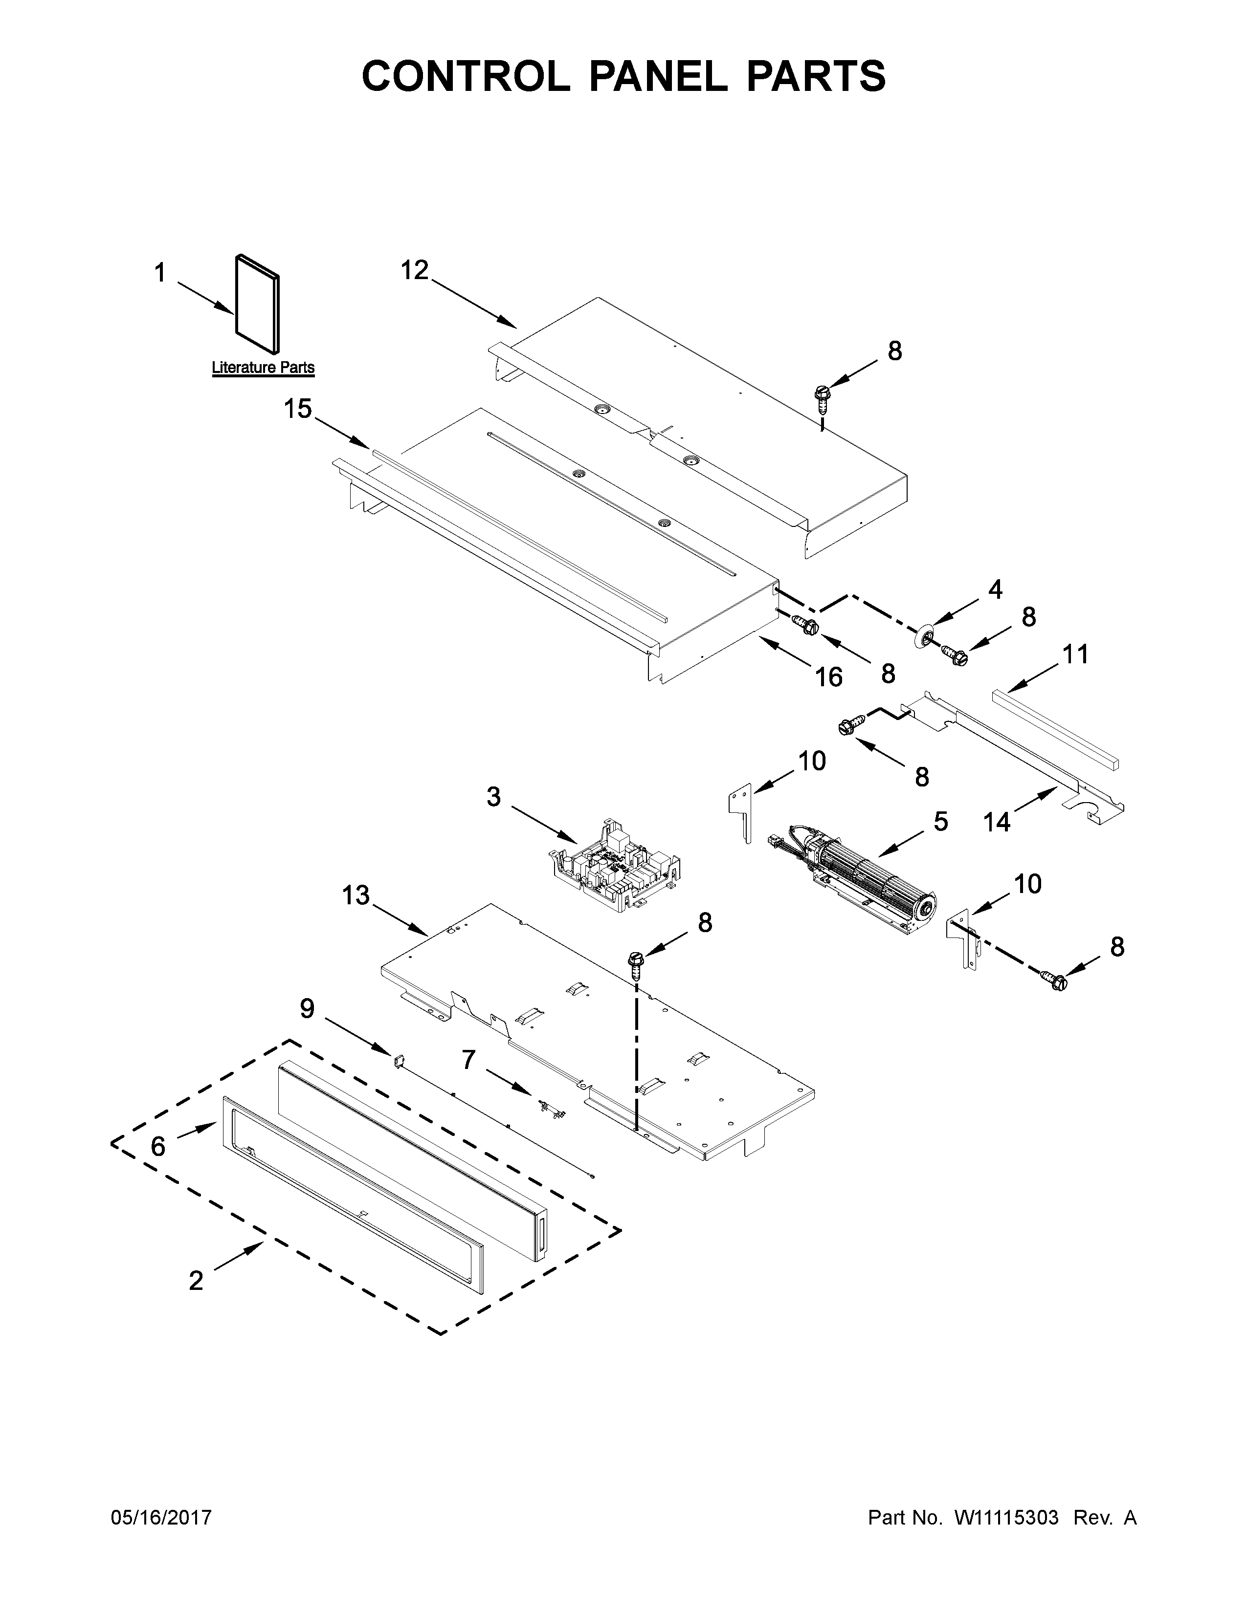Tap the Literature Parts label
pyautogui.click(x=263, y=367)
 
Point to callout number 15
pyautogui.click(x=298, y=409)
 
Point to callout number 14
pyautogui.click(x=997, y=821)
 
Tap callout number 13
pyautogui.click(x=356, y=895)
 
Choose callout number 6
pyautogui.click(x=158, y=1146)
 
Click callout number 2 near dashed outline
pyautogui.click(x=195, y=1280)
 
